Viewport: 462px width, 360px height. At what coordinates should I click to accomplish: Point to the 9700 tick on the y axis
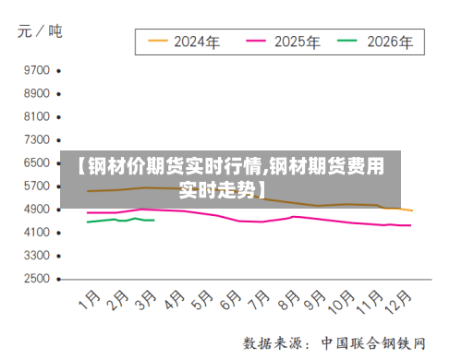36,70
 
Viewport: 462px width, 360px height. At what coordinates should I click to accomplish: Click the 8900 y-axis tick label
36,93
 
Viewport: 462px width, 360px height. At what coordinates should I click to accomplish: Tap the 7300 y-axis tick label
36,139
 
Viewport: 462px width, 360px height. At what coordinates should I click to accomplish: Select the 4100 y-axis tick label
36,232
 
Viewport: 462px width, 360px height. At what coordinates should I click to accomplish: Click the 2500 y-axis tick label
36,278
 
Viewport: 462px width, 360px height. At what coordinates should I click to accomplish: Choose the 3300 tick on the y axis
36,255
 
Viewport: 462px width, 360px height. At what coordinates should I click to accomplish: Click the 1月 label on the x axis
90,301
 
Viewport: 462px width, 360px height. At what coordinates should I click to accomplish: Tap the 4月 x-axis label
175,301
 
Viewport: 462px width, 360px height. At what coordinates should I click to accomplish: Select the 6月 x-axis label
232,301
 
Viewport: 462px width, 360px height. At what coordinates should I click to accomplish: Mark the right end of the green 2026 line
153,220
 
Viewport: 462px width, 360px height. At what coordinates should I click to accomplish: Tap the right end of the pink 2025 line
410,225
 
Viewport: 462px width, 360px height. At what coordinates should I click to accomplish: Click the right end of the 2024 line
412,210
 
